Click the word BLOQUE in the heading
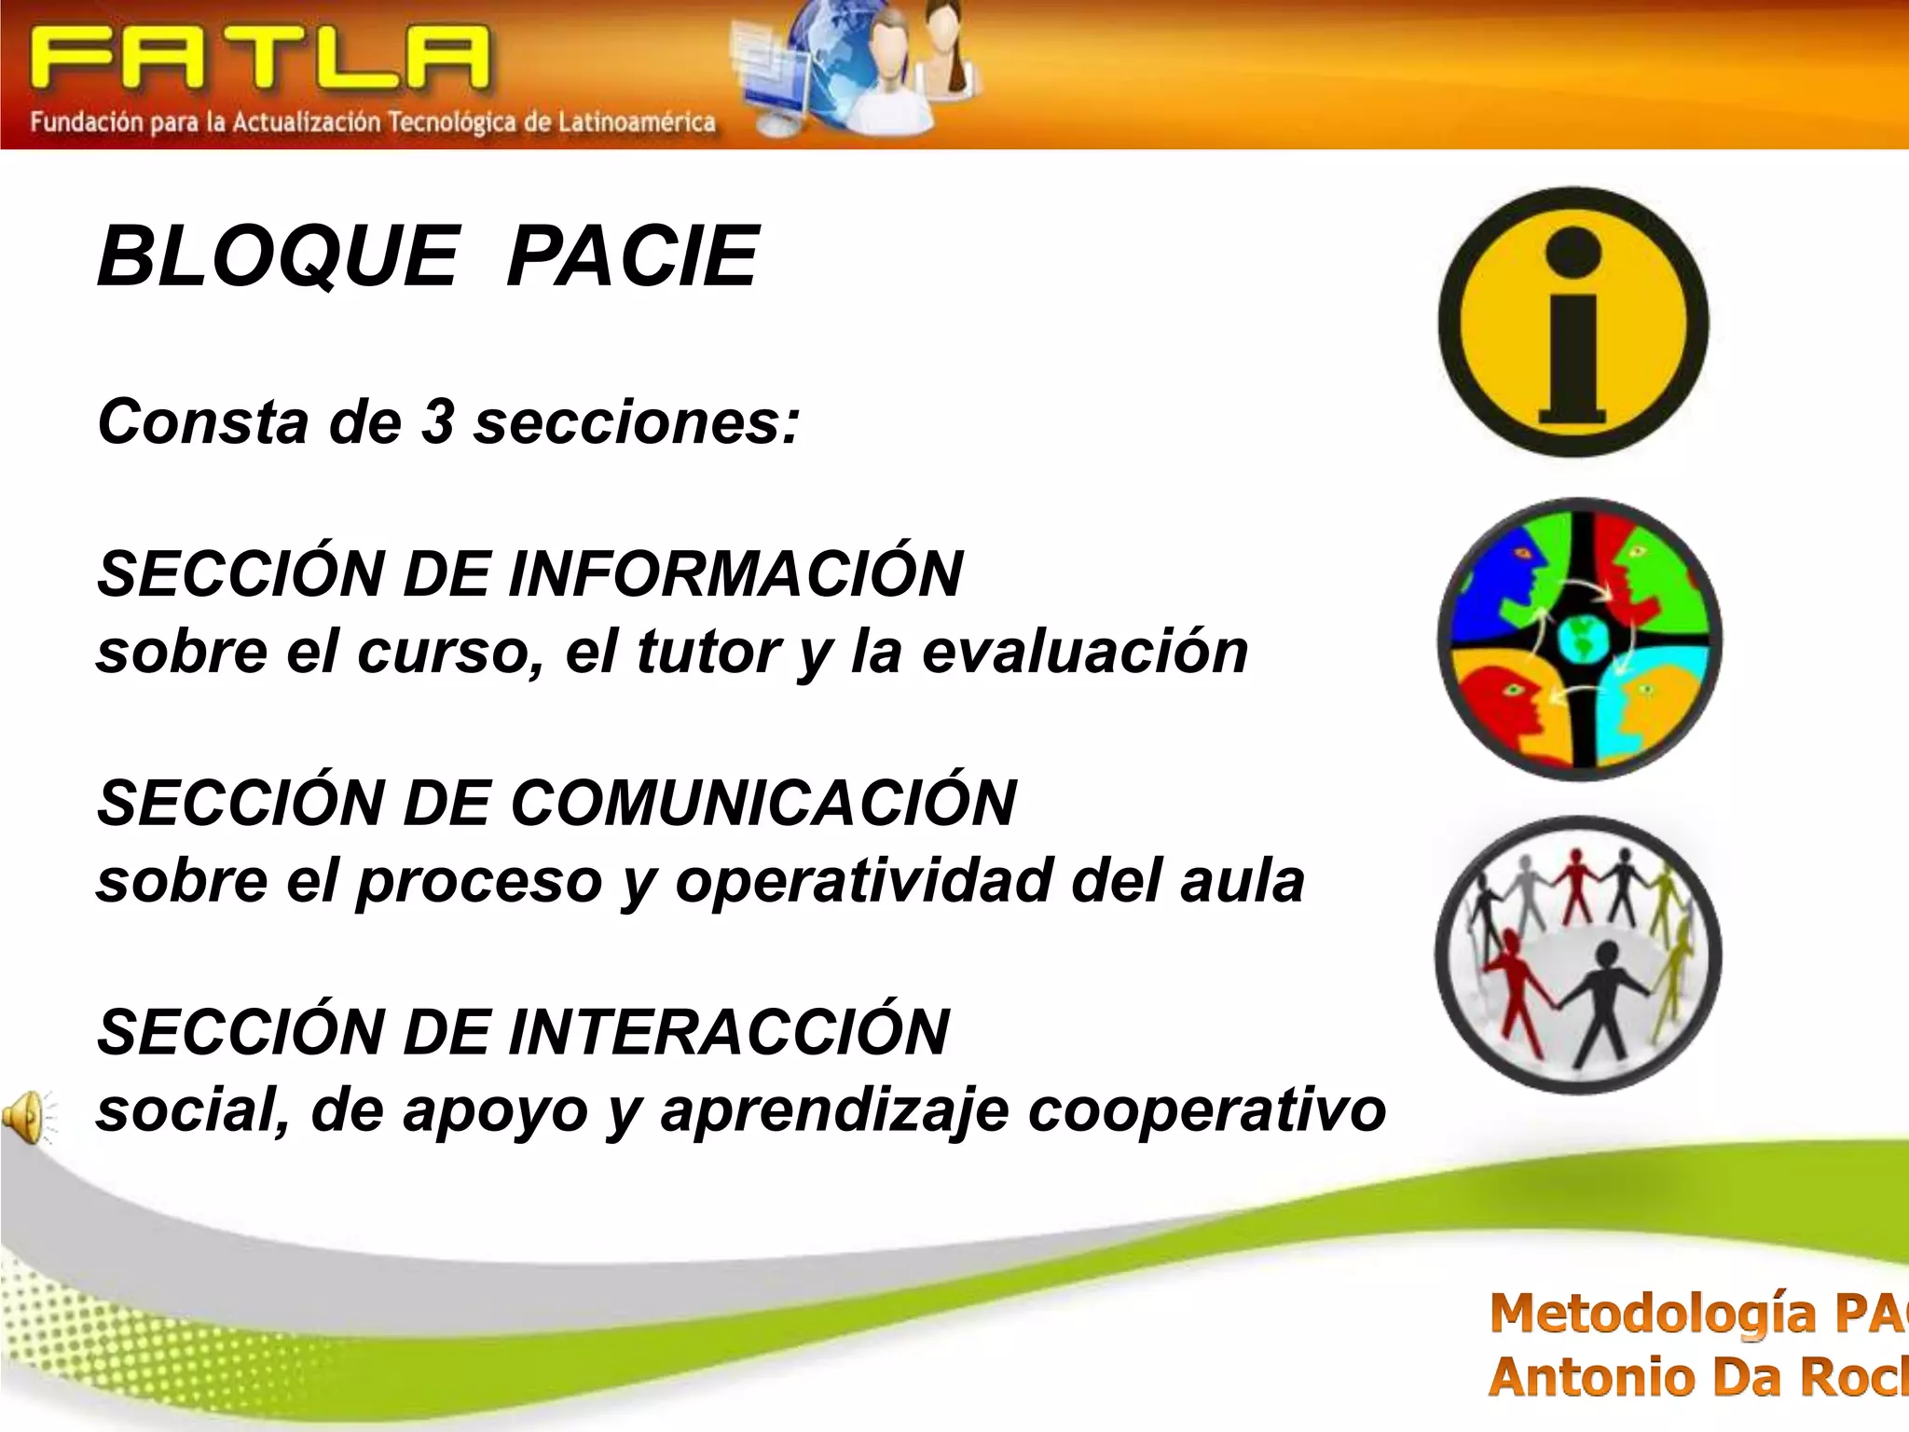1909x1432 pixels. [278, 257]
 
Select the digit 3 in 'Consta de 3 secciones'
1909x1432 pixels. [437, 421]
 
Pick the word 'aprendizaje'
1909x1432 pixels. [834, 1111]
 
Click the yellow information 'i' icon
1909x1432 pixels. [1573, 323]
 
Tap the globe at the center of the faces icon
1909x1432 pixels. [1582, 640]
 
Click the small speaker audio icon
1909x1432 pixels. [26, 1116]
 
